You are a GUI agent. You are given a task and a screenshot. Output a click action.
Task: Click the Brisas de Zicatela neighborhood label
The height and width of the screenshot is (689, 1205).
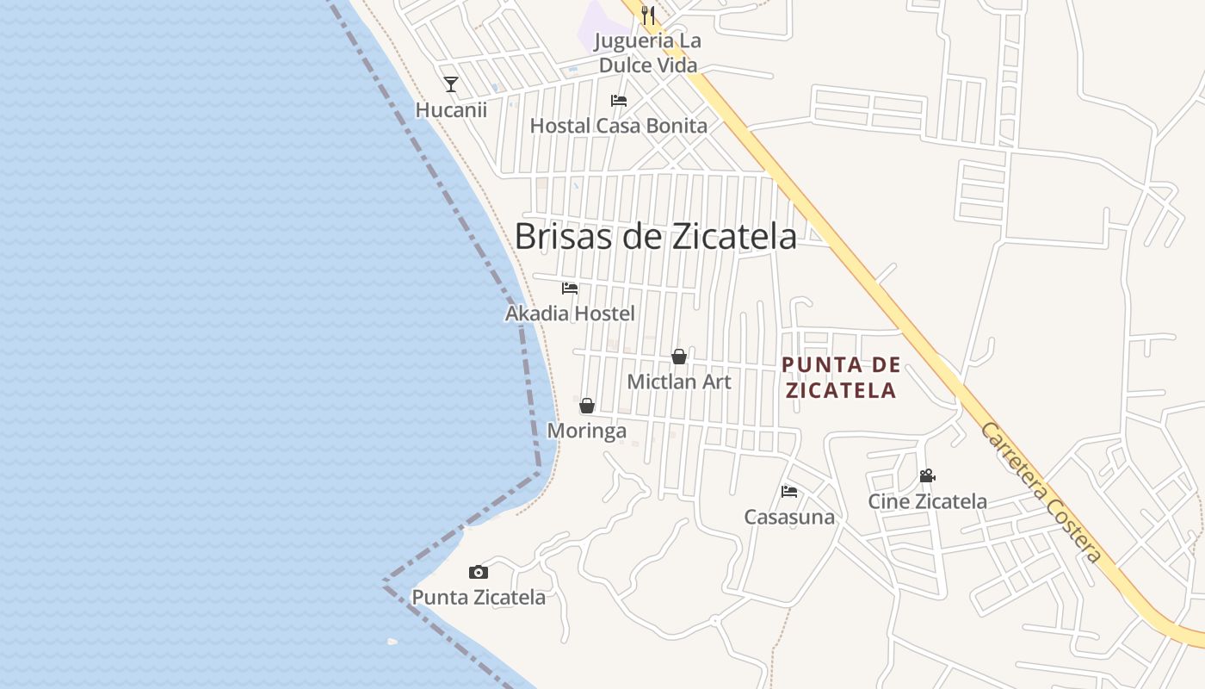(656, 236)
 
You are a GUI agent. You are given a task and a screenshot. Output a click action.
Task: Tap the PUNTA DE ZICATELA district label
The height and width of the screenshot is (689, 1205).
(841, 377)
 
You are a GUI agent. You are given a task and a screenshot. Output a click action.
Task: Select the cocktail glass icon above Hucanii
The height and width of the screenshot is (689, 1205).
(451, 84)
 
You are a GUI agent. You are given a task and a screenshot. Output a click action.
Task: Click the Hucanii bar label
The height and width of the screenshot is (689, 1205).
(451, 110)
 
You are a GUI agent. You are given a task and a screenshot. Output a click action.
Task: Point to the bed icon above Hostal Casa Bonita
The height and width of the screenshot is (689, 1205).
(618, 101)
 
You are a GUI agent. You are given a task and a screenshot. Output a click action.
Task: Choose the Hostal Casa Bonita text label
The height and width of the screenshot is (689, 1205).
(618, 126)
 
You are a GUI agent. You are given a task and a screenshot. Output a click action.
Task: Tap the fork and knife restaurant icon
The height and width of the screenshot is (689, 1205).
(648, 15)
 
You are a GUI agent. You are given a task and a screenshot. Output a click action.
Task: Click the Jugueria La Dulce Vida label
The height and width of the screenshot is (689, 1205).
(648, 53)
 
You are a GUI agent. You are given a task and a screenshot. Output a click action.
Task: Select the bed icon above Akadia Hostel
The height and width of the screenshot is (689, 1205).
(570, 289)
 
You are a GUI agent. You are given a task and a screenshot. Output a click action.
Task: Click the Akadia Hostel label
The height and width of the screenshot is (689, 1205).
(570, 313)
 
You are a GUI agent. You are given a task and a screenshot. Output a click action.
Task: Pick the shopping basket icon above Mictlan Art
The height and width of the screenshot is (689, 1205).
(679, 357)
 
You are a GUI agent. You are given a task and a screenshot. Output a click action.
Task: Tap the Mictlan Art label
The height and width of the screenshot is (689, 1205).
(679, 382)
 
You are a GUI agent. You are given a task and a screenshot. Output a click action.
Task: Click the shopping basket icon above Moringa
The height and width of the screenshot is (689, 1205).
(587, 406)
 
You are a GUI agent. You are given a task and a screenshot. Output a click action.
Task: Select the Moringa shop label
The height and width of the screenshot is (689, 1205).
(587, 431)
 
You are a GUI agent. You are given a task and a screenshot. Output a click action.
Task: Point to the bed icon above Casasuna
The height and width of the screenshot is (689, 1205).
(789, 492)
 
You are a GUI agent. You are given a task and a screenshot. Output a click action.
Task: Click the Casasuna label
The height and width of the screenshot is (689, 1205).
(789, 517)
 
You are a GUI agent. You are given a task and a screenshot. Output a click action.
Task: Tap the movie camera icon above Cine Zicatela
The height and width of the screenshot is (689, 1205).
(927, 476)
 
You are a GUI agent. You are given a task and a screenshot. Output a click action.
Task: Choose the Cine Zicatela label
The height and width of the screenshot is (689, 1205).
(927, 501)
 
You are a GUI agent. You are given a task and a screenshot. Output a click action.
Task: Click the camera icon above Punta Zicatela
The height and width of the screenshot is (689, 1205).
(479, 572)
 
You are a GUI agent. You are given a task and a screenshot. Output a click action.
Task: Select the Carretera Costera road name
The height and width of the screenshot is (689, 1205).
(1041, 493)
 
